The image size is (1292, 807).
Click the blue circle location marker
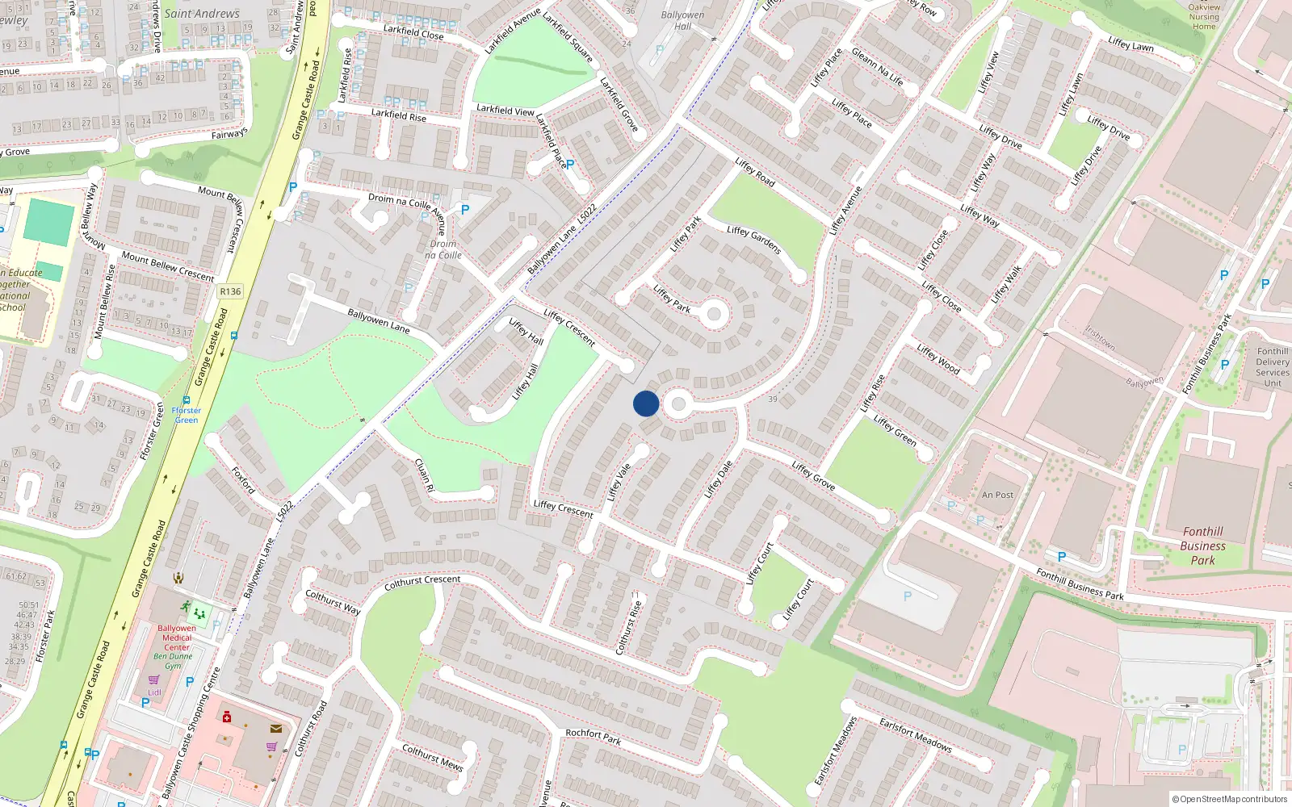click(646, 403)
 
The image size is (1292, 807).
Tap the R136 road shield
click(230, 291)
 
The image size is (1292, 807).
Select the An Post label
click(997, 495)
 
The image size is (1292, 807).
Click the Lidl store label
click(154, 692)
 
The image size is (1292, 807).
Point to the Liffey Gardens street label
click(754, 240)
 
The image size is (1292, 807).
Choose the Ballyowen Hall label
click(682, 20)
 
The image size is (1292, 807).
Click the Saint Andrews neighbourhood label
click(201, 14)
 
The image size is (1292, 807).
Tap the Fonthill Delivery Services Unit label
click(1273, 366)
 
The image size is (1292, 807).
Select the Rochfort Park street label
click(593, 737)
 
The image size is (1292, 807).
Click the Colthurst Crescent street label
click(422, 581)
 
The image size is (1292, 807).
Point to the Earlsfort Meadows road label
click(915, 735)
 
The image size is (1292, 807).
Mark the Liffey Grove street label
click(813, 475)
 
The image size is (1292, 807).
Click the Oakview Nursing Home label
click(1204, 16)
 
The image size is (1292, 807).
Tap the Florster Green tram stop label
click(186, 415)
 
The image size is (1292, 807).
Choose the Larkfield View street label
click(505, 110)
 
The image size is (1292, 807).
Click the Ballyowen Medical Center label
click(177, 638)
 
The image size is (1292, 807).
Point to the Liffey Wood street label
click(938, 359)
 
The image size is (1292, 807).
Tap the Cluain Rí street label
click(424, 475)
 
